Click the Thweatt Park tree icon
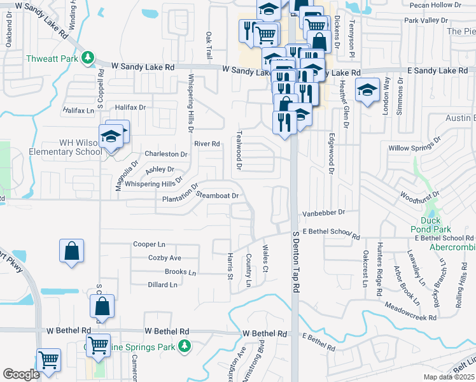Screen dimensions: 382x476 pyautogui.click(x=88, y=59)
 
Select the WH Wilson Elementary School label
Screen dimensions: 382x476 pyautogui.click(x=52, y=147)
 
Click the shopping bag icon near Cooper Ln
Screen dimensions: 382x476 pyautogui.click(x=72, y=251)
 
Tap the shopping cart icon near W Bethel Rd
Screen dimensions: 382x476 pyautogui.click(x=98, y=346)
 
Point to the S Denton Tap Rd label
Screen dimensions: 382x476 pyautogui.click(x=295, y=262)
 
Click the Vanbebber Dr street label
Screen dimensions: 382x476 pyautogui.click(x=323, y=212)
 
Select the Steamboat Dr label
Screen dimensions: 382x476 pyautogui.click(x=217, y=195)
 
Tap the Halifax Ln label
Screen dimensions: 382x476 pyautogui.click(x=78, y=111)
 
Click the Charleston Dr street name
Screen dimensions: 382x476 pyautogui.click(x=166, y=154)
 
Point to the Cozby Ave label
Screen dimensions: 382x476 pyautogui.click(x=165, y=258)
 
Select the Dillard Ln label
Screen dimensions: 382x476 pyautogui.click(x=162, y=285)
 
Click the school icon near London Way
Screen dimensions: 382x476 pyautogui.click(x=367, y=90)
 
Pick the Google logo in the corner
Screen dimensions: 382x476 pyautogui.click(x=21, y=374)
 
